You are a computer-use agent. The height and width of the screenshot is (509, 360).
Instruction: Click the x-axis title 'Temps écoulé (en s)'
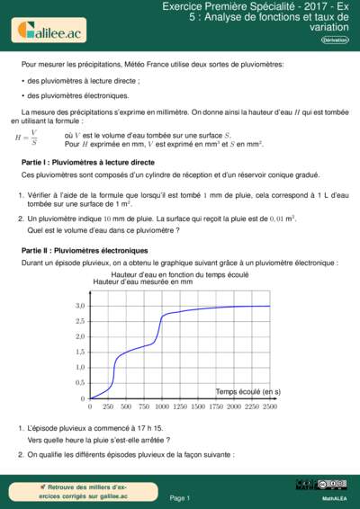248,391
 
